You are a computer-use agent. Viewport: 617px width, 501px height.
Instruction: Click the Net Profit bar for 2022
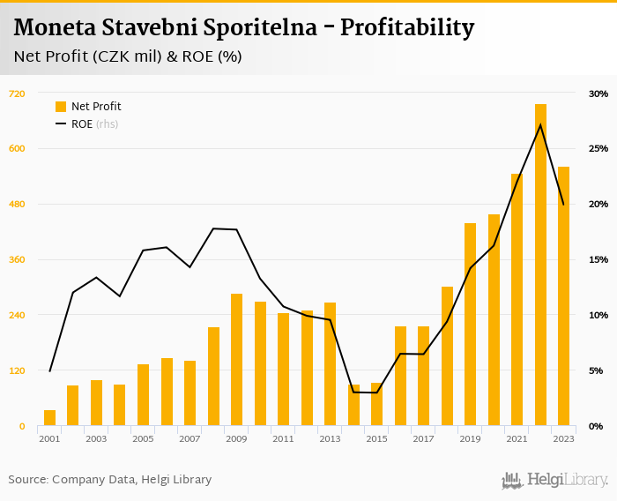tap(540, 265)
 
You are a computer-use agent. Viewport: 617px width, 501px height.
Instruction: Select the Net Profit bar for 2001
tap(49, 418)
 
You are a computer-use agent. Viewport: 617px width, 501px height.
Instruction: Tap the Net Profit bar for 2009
tap(236, 360)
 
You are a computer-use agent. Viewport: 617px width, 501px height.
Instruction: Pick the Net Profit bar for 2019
tap(470, 325)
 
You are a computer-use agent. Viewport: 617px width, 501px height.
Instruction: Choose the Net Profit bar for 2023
tap(563, 296)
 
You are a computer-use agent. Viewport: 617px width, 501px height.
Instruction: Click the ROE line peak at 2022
tap(540, 124)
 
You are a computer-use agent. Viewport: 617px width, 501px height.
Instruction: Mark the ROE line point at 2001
tap(49, 371)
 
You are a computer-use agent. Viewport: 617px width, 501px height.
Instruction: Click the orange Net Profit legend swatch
tap(61, 107)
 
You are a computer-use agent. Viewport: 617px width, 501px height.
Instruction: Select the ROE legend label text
tap(82, 124)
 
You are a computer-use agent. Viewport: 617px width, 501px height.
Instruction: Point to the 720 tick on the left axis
tap(16, 93)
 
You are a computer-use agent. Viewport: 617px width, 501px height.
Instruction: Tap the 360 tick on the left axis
tap(16, 260)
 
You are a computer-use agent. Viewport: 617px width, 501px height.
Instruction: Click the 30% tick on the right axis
tap(598, 93)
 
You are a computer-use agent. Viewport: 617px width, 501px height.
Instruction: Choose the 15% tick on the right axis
tap(598, 260)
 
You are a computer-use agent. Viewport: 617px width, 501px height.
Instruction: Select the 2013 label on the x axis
tap(330, 438)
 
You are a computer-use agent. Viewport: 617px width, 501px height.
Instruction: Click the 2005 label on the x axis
tap(143, 438)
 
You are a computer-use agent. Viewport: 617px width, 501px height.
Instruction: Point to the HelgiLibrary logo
tap(555, 480)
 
